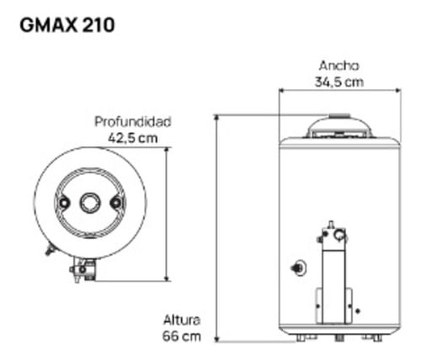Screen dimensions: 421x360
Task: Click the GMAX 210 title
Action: click(x=67, y=25)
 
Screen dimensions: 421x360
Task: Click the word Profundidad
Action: click(x=133, y=122)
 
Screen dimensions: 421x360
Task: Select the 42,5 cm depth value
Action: click(x=133, y=138)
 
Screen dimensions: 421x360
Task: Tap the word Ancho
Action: click(x=339, y=66)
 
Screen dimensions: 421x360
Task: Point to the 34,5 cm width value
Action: click(x=339, y=82)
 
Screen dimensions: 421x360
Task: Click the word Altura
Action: click(x=182, y=320)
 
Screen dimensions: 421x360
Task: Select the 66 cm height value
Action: click(x=182, y=336)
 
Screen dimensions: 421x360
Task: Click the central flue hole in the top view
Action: click(x=90, y=203)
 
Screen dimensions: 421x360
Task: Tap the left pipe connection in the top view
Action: click(x=64, y=203)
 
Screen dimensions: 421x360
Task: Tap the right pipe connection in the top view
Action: click(x=115, y=203)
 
